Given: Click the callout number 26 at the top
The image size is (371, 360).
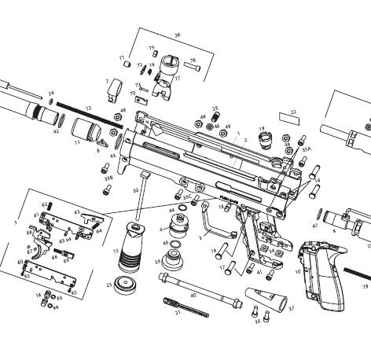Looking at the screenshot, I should pyautogui.click(x=177, y=35).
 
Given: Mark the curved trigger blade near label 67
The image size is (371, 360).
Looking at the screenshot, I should pyautogui.click(x=39, y=253).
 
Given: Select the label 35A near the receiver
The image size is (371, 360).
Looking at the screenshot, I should pyautogui.click(x=306, y=147).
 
